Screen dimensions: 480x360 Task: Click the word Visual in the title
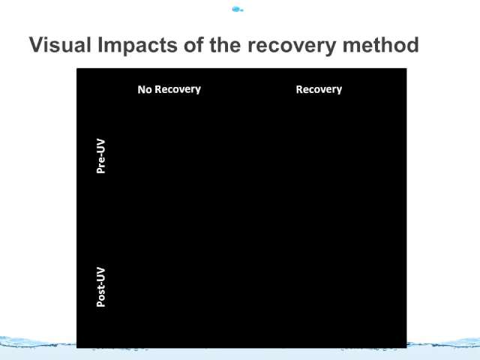click(60, 45)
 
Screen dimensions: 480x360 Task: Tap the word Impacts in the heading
click(137, 46)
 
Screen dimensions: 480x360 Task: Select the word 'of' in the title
click(193, 45)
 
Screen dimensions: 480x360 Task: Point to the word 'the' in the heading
click(225, 45)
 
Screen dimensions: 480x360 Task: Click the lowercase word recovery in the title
click(292, 46)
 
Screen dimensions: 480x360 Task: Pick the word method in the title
click(380, 45)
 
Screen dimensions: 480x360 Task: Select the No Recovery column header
click(169, 89)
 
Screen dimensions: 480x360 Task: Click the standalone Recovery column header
click(319, 89)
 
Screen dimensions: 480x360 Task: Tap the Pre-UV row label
click(100, 156)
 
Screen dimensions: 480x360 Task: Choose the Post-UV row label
click(100, 287)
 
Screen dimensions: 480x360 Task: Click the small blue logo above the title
click(238, 10)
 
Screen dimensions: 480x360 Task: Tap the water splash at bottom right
click(443, 343)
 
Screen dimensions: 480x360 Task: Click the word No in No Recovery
click(145, 89)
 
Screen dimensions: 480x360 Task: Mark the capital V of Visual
click(37, 45)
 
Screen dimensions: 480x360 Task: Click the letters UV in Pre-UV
click(100, 145)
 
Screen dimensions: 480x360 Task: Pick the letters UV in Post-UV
click(100, 274)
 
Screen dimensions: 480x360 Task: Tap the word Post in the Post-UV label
click(100, 297)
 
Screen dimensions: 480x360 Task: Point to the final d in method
click(412, 45)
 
